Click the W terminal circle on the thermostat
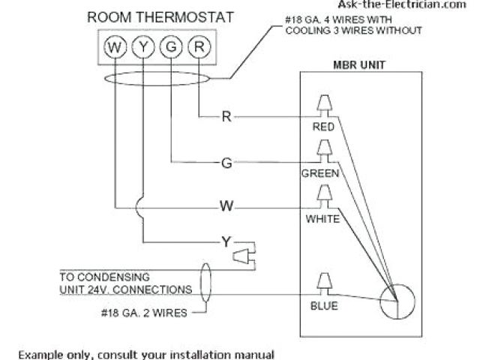tap(115, 48)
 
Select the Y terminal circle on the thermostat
tap(144, 48)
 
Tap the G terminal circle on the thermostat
tap(172, 48)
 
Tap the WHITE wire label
tap(323, 219)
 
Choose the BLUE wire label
tap(324, 305)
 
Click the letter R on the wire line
tap(226, 116)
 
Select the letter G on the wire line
tap(226, 161)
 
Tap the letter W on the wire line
tap(226, 205)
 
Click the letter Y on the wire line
tap(226, 241)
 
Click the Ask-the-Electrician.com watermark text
tap(423, 4)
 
